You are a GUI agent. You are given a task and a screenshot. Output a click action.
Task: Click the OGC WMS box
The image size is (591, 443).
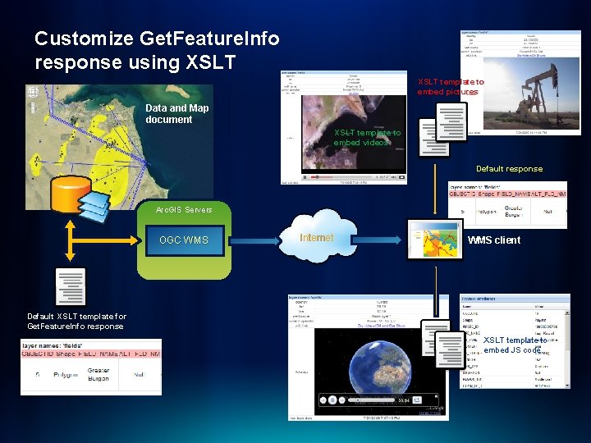pos(184,240)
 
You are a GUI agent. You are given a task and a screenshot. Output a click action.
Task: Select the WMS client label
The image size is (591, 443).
pos(493,240)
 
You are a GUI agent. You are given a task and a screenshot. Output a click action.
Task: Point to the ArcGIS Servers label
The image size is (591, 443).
pos(184,210)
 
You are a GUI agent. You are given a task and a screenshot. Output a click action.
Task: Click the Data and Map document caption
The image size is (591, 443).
pos(176,113)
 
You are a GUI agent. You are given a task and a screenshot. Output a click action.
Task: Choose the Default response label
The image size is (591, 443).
pos(509,169)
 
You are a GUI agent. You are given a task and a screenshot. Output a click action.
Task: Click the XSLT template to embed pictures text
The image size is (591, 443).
pos(451,87)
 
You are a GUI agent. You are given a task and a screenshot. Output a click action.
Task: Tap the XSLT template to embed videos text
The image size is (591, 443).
pos(367,137)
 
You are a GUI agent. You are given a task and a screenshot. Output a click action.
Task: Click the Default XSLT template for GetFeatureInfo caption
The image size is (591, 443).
pos(76,321)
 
